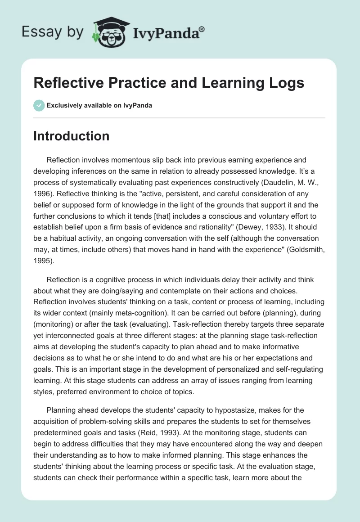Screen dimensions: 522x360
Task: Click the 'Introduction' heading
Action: (71, 136)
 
